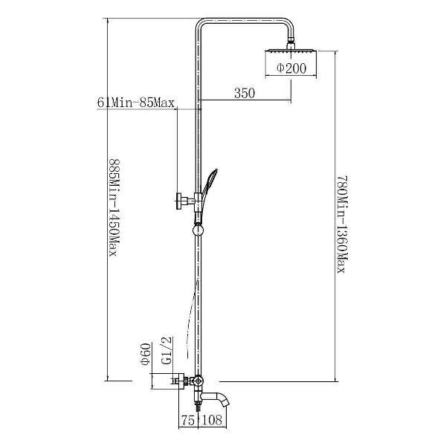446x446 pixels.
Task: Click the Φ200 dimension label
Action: (x=291, y=68)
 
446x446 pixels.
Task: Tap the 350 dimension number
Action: (x=245, y=93)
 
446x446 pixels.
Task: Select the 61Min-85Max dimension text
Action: (x=136, y=103)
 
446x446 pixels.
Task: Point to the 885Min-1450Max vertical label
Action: (x=114, y=207)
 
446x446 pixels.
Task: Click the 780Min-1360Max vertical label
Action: (x=343, y=224)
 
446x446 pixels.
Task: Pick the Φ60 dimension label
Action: (x=146, y=355)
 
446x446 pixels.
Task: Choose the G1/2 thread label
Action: (x=167, y=350)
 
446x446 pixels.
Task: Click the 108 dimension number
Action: (x=212, y=420)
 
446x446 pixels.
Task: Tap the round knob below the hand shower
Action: (x=198, y=230)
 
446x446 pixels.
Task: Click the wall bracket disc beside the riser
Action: (x=179, y=201)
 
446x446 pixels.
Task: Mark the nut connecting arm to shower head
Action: (x=291, y=42)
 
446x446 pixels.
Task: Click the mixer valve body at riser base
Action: (x=198, y=381)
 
